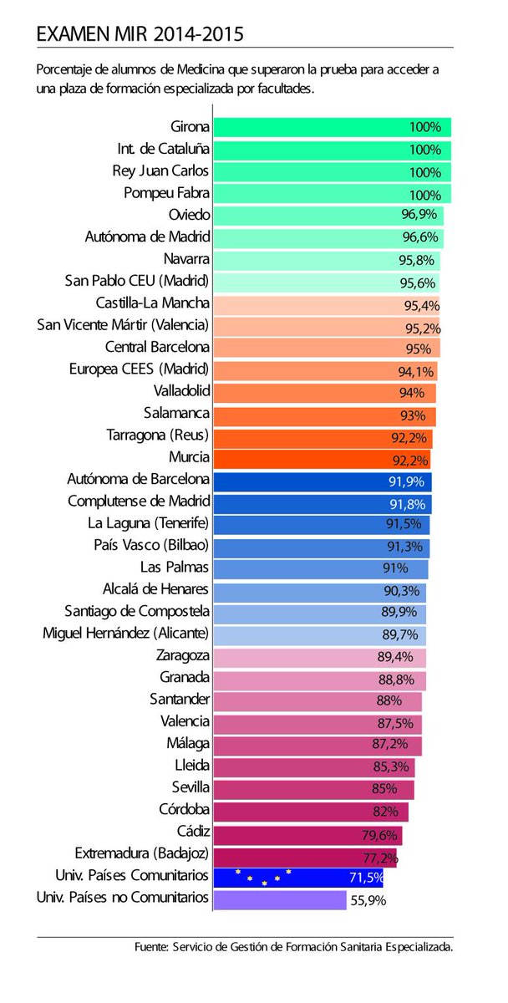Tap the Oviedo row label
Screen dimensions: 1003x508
coord(189,215)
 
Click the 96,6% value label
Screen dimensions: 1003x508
coord(419,237)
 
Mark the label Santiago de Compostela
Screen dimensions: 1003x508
coord(137,611)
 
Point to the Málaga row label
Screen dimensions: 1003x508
coord(188,742)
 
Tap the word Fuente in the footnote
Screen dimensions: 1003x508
coord(150,947)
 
